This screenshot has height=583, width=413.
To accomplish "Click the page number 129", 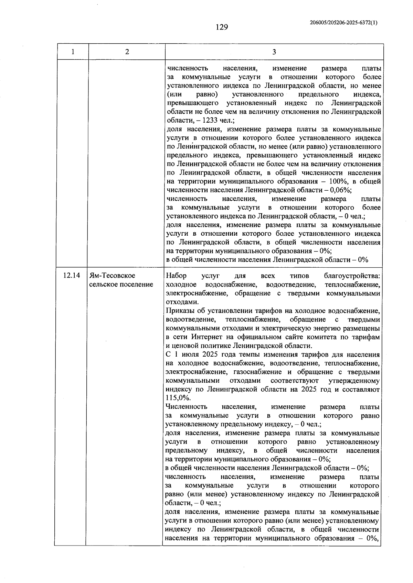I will click(x=222, y=27).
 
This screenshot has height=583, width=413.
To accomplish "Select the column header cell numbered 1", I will click(x=73, y=52).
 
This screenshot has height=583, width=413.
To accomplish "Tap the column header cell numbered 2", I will click(x=127, y=52).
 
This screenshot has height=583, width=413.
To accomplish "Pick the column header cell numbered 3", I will click(x=274, y=52).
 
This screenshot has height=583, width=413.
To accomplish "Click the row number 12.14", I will click(x=72, y=276).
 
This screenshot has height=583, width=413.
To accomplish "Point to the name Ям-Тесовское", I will click(x=112, y=276).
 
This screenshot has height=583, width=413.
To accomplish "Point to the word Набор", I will click(x=176, y=276).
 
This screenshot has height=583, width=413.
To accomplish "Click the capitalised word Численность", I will click(x=186, y=407).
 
